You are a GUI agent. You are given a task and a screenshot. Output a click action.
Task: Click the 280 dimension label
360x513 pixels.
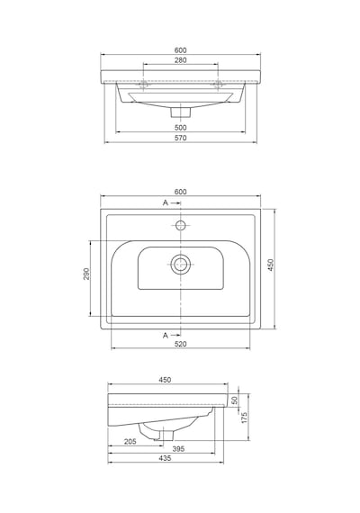click(180, 60)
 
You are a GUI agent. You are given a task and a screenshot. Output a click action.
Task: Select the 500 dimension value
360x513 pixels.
click(180, 127)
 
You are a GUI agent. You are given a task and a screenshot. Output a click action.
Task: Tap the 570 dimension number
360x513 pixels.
click(180, 138)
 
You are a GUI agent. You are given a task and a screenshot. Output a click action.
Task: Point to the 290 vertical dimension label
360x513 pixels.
click(86, 274)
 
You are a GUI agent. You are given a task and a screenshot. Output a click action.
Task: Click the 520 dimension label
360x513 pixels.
click(180, 344)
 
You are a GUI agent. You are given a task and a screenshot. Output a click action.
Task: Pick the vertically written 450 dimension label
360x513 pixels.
click(271, 265)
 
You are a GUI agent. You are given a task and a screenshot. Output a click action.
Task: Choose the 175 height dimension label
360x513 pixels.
click(245, 418)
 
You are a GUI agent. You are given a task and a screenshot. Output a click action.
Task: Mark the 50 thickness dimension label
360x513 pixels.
click(234, 400)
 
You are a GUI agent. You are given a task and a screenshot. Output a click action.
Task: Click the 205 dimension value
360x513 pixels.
click(130, 442)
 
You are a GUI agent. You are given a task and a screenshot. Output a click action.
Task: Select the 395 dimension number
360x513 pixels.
click(178, 449)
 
